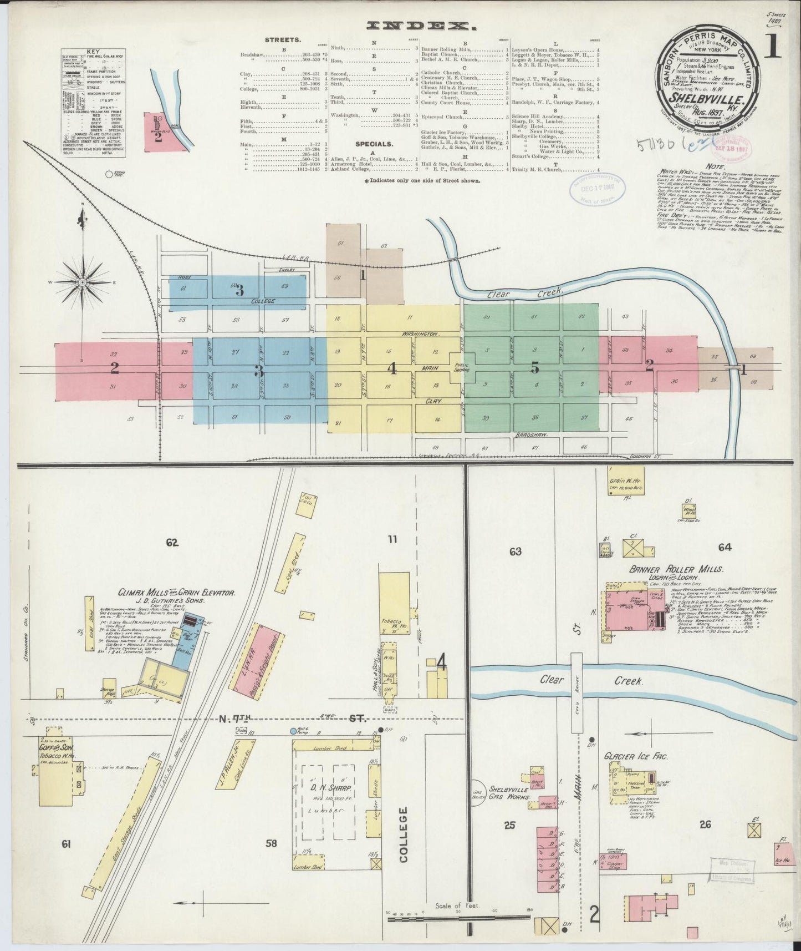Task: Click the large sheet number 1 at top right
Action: [771, 48]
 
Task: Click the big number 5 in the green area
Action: [534, 367]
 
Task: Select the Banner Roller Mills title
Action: [676, 569]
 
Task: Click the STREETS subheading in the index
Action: [283, 40]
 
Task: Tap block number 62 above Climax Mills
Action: [172, 543]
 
